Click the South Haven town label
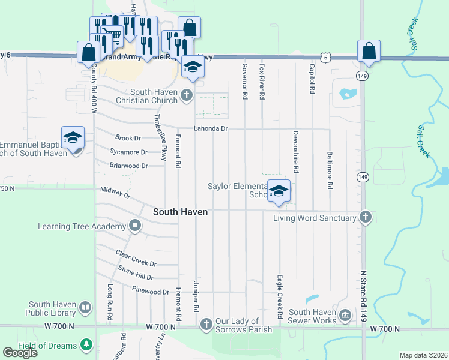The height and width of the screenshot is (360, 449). (x=180, y=212)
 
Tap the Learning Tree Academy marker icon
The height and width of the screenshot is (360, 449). (x=135, y=226)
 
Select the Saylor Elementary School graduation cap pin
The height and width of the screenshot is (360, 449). (x=279, y=191)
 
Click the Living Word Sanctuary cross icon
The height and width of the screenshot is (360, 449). (x=365, y=217)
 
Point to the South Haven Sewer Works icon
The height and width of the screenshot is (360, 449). (x=345, y=315)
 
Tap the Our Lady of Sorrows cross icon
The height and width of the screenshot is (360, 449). (x=206, y=325)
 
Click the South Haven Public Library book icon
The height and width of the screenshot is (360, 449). (x=85, y=308)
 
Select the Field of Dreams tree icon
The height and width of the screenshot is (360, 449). (x=86, y=345)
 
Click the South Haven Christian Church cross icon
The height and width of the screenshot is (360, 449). (x=187, y=95)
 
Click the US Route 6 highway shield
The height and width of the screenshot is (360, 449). (x=324, y=56)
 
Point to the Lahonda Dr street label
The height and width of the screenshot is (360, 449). (x=211, y=128)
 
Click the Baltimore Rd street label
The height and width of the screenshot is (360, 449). (x=330, y=169)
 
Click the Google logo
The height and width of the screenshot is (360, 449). (x=20, y=352)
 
